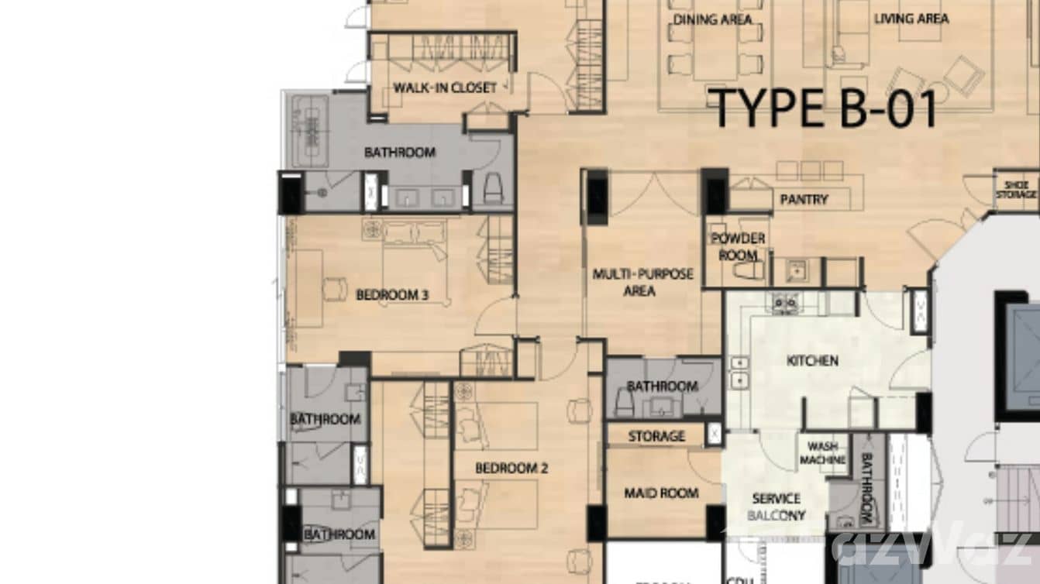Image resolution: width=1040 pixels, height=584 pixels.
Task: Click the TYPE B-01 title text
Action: [824, 108]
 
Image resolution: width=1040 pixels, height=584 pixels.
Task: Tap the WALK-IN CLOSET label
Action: [445, 88]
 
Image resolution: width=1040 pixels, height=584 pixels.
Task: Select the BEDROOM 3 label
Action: [392, 294]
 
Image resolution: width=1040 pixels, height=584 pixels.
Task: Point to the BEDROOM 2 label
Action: [511, 468]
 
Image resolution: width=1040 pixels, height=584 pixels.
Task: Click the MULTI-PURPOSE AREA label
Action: [642, 283]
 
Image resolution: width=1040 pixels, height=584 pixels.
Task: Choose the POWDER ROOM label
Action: [738, 246]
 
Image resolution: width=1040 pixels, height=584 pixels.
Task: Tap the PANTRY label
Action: [804, 199]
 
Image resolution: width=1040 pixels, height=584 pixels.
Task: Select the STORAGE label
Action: [656, 436]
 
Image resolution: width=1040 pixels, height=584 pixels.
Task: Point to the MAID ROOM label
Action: [662, 493]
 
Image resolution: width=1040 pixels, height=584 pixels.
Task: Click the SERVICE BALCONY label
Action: [776, 507]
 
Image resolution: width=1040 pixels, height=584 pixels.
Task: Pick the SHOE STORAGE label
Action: [1015, 189]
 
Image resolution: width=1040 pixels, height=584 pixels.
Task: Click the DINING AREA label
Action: [712, 19]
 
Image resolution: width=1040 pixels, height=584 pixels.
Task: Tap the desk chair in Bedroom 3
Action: [335, 289]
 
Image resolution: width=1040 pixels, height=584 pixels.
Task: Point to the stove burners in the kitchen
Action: [784, 303]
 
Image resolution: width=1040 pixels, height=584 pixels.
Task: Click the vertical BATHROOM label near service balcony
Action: [866, 489]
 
